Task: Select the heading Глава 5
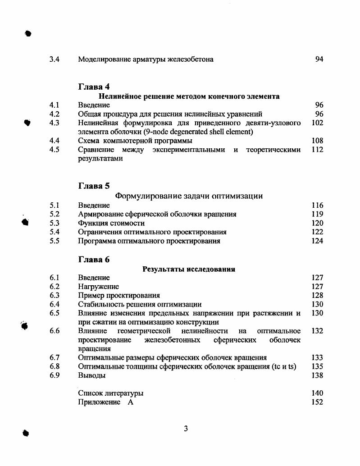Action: tap(94, 186)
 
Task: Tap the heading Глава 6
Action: tap(94, 260)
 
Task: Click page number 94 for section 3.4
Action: tap(319, 59)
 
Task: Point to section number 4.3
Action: tap(55, 123)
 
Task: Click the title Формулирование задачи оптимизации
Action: tap(189, 196)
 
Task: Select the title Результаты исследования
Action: tap(189, 270)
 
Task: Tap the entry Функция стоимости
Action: tap(111, 223)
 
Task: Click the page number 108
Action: tap(317, 141)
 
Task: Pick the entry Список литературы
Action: tap(111, 393)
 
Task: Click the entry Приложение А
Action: tap(106, 402)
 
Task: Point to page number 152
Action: tap(317, 402)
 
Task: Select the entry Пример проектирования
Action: tap(119, 296)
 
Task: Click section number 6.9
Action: tap(55, 375)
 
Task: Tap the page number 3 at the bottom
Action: tap(186, 429)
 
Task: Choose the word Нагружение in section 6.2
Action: tap(98, 287)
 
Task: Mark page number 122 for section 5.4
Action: tap(317, 232)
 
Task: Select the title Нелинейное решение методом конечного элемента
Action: tap(189, 96)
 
